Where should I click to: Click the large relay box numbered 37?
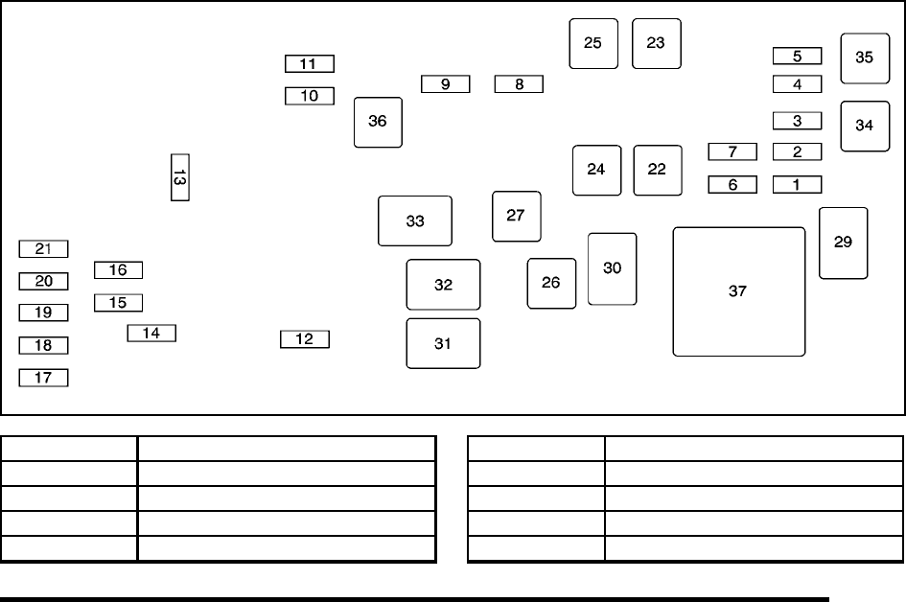pos(738,291)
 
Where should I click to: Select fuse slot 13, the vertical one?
pos(179,177)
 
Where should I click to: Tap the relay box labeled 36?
pos(378,122)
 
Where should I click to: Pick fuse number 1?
pos(797,184)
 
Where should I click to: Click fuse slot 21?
pos(43,249)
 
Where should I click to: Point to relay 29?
pos(843,243)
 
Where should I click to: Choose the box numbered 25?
pos(593,43)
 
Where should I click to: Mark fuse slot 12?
pos(304,339)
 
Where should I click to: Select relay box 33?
pos(414,220)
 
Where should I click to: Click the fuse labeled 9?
pos(446,84)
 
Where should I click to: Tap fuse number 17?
pos(43,378)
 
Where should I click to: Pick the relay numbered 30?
pos(612,268)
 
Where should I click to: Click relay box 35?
pos(865,58)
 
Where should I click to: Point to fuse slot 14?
pos(151,334)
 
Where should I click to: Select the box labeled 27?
pos(516,216)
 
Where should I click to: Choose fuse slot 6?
pos(732,184)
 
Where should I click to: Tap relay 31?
pos(443,343)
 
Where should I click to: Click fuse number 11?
pos(309,64)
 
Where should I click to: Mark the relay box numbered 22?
pos(657,170)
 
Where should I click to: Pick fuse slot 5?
pos(797,56)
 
